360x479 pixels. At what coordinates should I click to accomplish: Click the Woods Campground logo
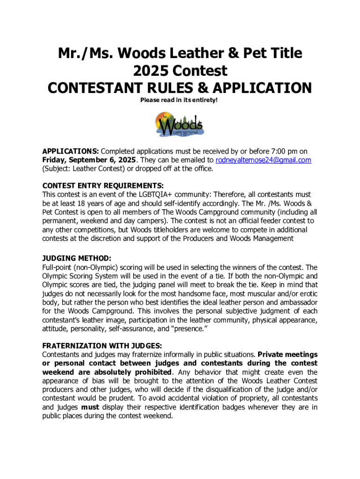180,125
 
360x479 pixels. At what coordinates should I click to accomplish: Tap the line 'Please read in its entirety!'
180,101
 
